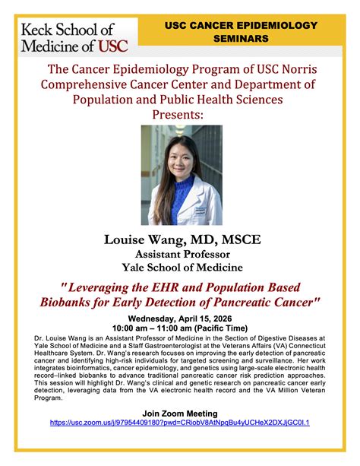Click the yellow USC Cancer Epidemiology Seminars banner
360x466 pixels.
pos(242,31)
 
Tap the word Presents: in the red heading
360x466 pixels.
pos(179,114)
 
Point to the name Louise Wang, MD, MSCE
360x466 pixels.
pos(182,239)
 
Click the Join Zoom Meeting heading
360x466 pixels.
pos(180,411)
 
